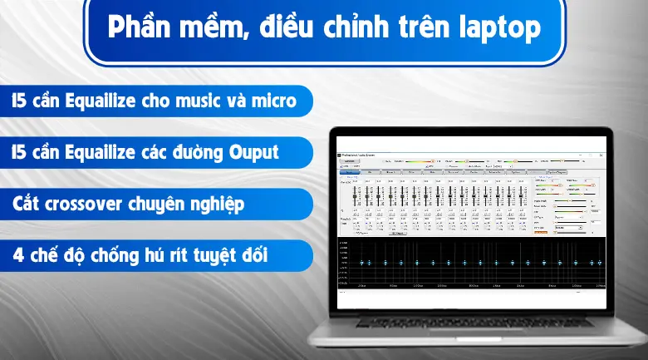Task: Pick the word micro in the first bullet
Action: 273,101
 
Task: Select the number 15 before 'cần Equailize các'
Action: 17,153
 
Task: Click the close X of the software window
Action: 600,154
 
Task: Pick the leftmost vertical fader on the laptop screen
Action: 356,196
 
